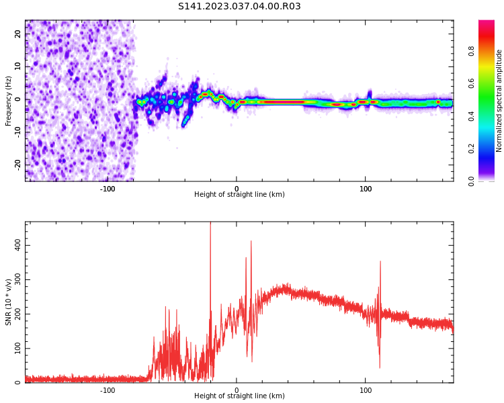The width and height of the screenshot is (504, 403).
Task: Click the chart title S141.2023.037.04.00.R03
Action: coord(239,7)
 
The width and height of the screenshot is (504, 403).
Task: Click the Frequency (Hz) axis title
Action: coord(9,101)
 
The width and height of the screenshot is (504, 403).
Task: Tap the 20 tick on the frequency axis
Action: coord(18,34)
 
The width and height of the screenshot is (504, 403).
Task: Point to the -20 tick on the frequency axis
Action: coord(18,165)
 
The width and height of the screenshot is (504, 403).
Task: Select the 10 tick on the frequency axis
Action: coord(18,66)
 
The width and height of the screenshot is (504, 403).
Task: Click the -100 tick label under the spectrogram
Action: coord(108,189)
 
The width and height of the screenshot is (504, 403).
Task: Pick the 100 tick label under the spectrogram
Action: coord(366,189)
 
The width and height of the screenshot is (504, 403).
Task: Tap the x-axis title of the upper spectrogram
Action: coord(239,195)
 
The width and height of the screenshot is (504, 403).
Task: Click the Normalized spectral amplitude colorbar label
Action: coord(499,101)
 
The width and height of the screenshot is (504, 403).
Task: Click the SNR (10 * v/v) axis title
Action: coord(9,302)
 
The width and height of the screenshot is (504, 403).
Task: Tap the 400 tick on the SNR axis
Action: coord(18,245)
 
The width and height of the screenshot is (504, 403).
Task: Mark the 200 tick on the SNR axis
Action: coord(18,314)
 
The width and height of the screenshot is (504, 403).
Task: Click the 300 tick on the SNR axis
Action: coord(18,279)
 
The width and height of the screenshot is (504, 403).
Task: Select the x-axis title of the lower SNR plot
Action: coord(239,396)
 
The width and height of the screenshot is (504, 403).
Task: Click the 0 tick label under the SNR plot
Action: coord(237,390)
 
